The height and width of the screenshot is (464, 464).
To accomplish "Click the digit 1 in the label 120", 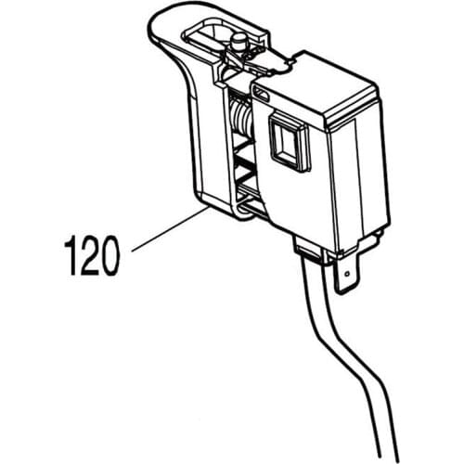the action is pos(71,256).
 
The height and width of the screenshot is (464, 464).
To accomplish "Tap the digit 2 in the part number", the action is pos(91,256).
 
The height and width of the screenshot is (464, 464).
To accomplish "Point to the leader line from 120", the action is pos(167,232).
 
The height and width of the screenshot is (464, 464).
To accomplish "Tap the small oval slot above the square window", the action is pos(263,94).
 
